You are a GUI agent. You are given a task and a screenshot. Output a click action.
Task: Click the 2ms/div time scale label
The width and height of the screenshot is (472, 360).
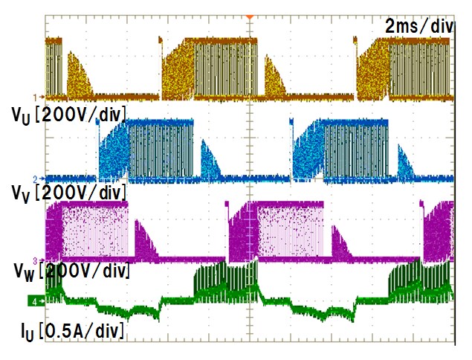pyautogui.click(x=418, y=26)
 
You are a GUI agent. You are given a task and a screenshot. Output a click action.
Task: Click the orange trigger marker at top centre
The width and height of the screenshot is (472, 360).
pyautogui.click(x=250, y=16)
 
